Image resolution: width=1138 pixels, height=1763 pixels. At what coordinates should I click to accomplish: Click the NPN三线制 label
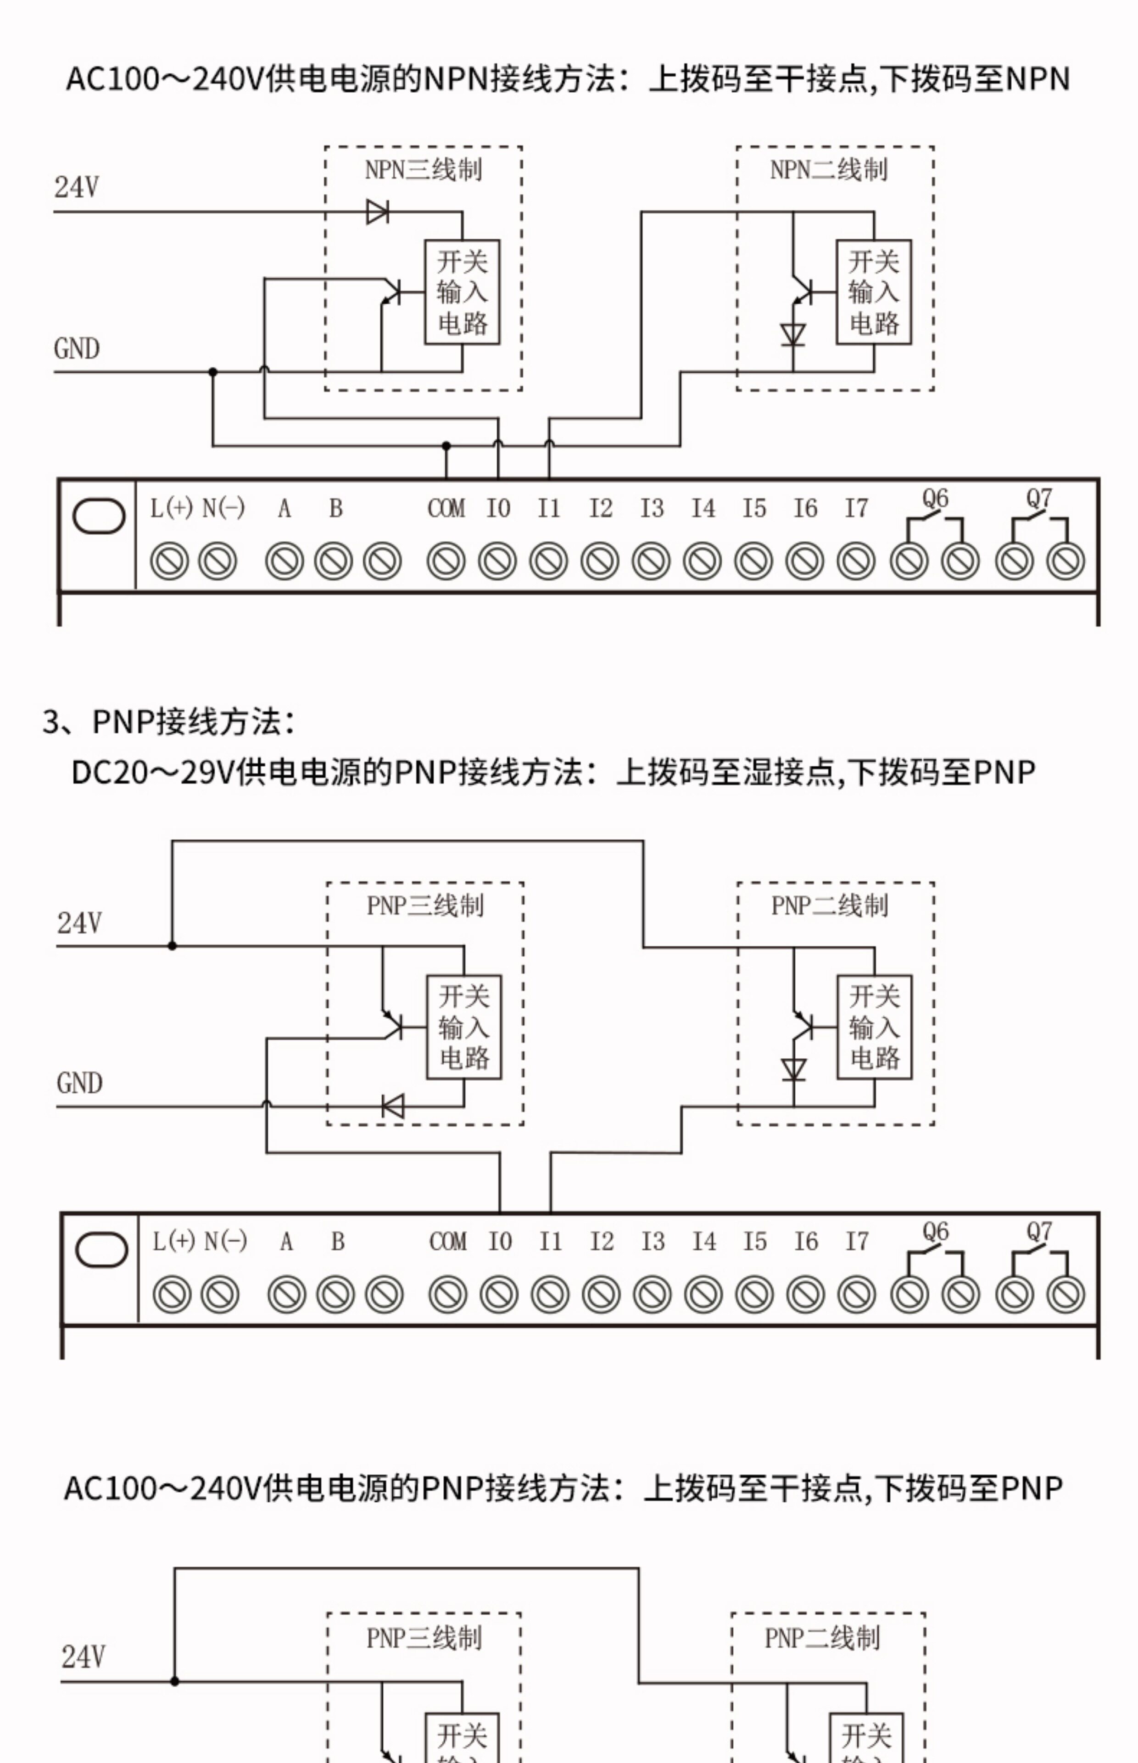424,170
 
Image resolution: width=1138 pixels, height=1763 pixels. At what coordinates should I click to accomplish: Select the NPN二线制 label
828,170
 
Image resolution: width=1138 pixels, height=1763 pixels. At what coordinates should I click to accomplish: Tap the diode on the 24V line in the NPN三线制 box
378,212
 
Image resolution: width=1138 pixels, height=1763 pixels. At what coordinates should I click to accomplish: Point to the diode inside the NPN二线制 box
793,335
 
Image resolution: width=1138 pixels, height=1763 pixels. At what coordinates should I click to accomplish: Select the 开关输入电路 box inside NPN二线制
873,292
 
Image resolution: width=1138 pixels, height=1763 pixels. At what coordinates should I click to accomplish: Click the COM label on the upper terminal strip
446,509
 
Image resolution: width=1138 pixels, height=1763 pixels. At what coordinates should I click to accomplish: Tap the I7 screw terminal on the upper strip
856,561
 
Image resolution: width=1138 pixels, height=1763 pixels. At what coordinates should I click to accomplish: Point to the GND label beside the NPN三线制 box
77,348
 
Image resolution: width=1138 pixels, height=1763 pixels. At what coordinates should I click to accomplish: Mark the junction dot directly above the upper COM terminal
446,446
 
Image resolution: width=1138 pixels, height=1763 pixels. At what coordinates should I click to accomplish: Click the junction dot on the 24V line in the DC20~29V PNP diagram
172,945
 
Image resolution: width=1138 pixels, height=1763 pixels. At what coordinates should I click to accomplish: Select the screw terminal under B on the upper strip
333,561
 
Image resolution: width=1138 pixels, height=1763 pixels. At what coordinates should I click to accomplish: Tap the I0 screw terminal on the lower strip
500,1294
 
